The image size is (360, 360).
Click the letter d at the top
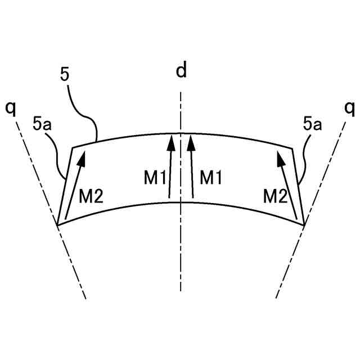pos(181,71)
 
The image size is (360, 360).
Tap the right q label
pos(349,107)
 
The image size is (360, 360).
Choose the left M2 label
pos(91,196)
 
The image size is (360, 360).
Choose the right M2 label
pos(276,196)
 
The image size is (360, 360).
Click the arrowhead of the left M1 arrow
pos(170,140)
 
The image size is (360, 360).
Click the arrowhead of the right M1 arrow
pos(191,140)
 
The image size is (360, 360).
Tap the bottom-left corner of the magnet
pos(58,225)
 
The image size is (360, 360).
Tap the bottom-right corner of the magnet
pos(304,225)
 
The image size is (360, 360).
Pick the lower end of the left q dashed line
pos(85,298)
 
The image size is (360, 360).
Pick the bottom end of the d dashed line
pos(181,291)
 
